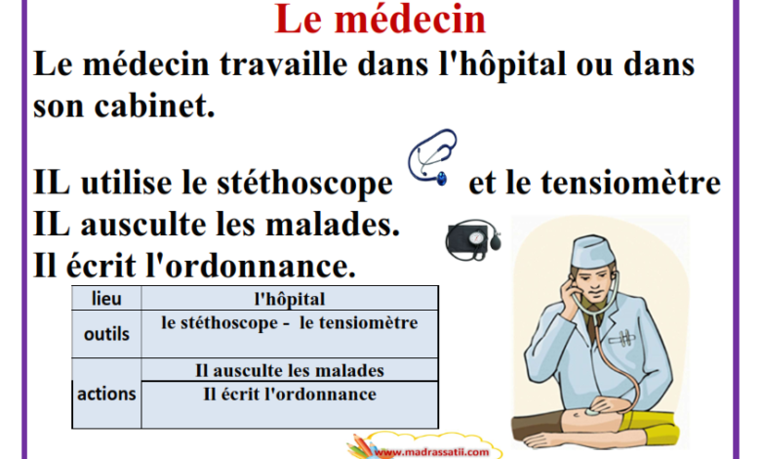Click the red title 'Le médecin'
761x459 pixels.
tap(380, 19)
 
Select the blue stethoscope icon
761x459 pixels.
tap(432, 157)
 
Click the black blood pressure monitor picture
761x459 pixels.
tap(473, 239)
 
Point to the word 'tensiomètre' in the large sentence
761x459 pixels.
tap(630, 183)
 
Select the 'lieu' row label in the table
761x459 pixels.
tap(106, 298)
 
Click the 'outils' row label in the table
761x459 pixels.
tap(106, 334)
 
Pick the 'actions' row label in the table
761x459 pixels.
tap(106, 394)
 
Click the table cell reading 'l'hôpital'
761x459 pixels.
tap(290, 299)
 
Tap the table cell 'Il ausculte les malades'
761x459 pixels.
tap(290, 370)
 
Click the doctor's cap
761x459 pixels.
tap(592, 251)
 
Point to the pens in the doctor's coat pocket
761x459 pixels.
tap(621, 338)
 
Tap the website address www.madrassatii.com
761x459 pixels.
tap(432, 452)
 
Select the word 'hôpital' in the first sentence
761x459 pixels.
tap(504, 63)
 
